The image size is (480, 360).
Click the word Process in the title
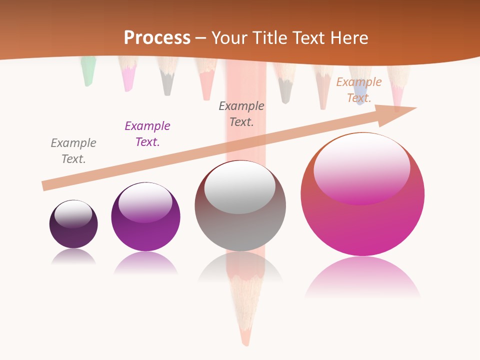(x=157, y=37)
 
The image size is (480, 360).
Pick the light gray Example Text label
(x=73, y=151)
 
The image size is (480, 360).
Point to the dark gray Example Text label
(x=241, y=114)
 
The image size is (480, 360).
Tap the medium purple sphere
(x=145, y=217)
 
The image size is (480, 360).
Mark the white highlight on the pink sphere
(x=361, y=167)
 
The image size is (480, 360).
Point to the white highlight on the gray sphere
(x=240, y=186)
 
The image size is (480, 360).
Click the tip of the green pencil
(x=87, y=80)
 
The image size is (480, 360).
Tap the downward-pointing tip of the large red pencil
(x=245, y=340)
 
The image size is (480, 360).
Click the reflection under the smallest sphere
(x=73, y=257)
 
